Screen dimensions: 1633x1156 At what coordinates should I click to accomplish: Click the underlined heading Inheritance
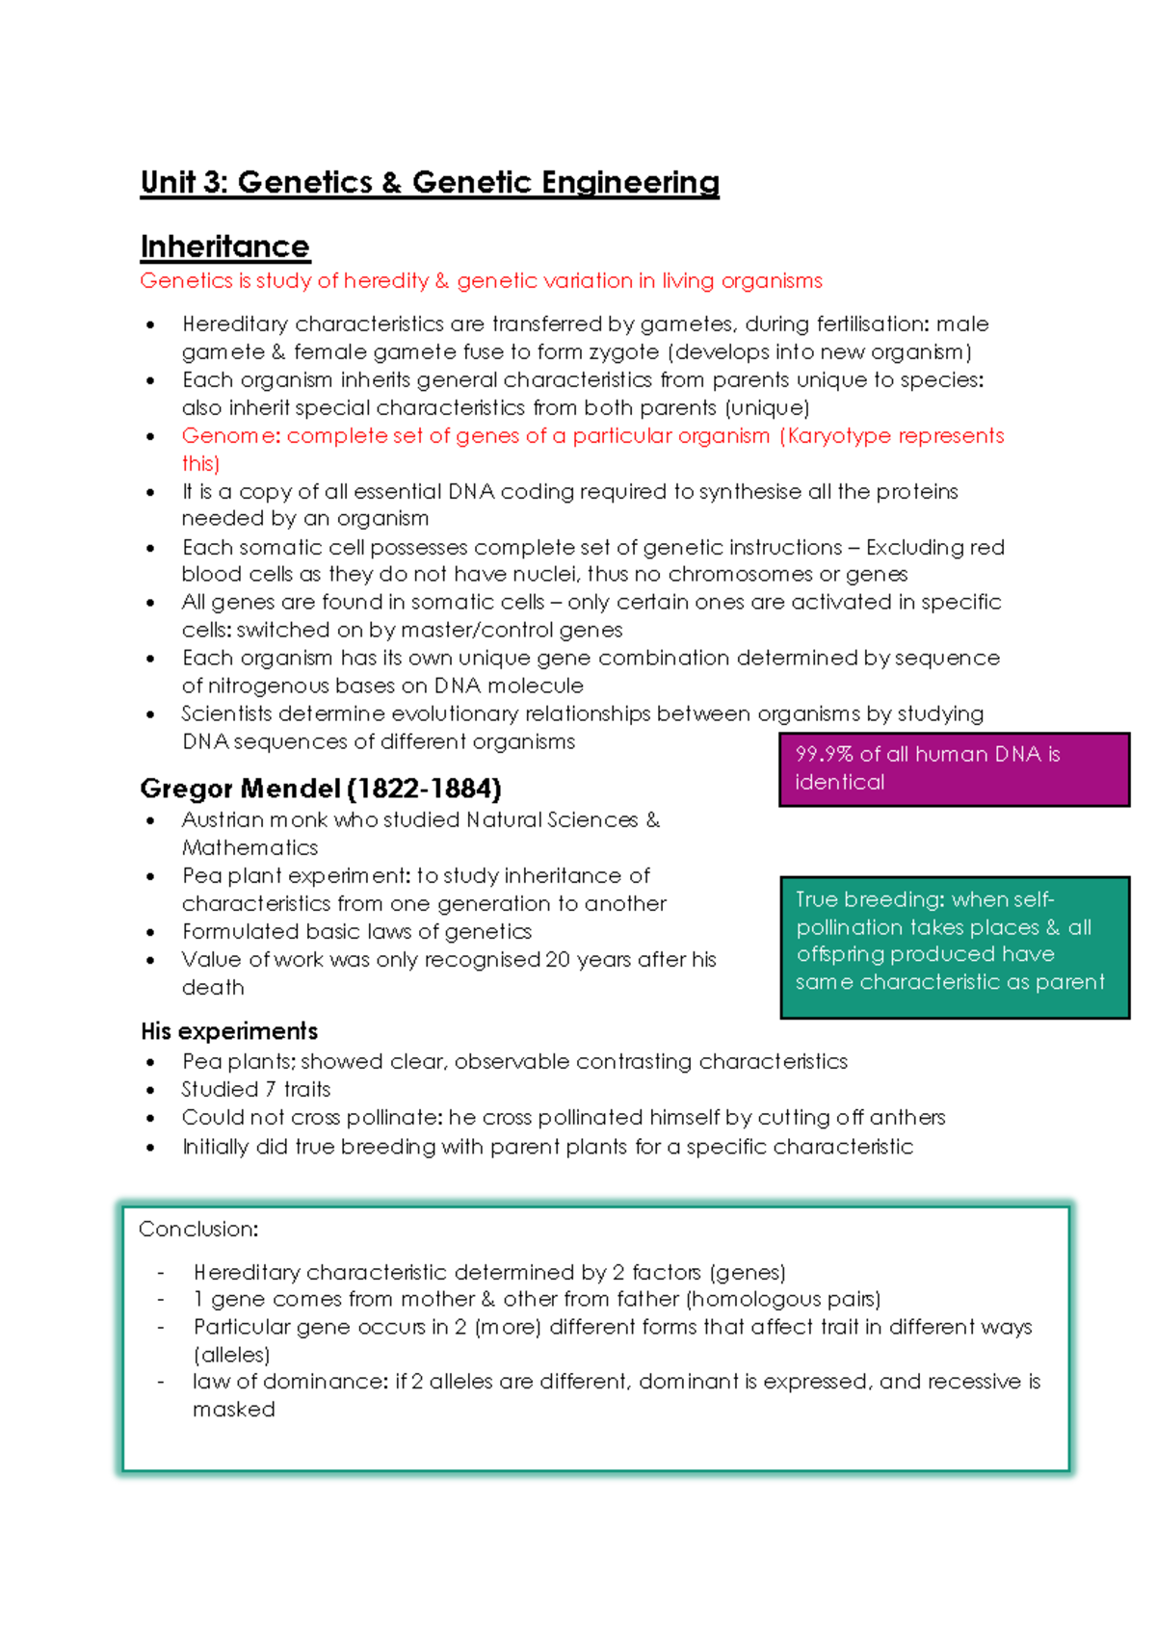point(224,246)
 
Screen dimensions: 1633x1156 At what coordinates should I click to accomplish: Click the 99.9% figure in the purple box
point(825,754)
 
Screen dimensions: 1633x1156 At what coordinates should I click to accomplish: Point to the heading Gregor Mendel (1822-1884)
point(321,789)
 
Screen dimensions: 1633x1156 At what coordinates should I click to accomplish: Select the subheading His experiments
point(229,1031)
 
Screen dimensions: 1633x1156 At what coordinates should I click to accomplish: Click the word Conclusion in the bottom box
point(197,1230)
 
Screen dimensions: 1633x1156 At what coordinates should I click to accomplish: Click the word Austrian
point(223,820)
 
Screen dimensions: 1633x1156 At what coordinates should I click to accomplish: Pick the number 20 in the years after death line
point(558,960)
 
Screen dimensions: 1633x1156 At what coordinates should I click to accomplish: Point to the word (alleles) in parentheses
point(231,1355)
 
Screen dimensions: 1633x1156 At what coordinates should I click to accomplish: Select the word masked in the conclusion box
point(234,1410)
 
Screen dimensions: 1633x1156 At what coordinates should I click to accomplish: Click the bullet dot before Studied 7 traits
point(150,1091)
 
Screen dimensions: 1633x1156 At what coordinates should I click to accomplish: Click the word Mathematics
point(250,848)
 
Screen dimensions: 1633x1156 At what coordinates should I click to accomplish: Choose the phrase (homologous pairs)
point(783,1300)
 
